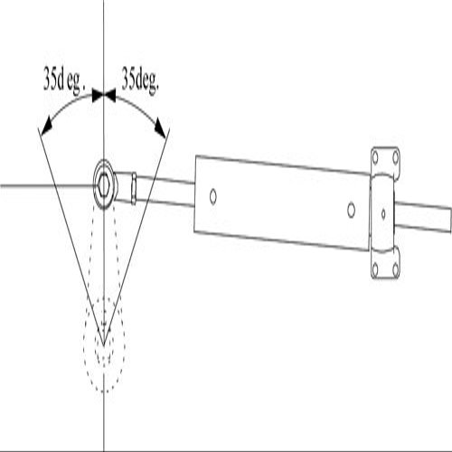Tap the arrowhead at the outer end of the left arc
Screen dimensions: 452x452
tap(47, 127)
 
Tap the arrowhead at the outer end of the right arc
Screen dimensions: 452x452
tap(160, 127)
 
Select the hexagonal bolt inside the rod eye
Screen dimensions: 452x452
tap(104, 184)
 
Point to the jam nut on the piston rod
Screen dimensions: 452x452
tap(134, 188)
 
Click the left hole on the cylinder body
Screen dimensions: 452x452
tap(213, 196)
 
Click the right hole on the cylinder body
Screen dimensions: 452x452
tap(351, 210)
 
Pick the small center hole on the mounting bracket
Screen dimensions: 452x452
tap(383, 214)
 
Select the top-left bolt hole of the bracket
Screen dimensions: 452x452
tap(375, 157)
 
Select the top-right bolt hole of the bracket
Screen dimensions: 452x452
tap(396, 157)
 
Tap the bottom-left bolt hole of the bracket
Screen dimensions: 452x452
tap(375, 268)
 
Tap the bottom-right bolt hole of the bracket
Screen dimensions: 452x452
tap(396, 268)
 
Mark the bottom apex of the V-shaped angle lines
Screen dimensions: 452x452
tap(104, 345)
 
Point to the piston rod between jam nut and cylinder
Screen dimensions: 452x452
tap(165, 192)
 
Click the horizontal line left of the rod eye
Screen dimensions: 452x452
tap(48, 185)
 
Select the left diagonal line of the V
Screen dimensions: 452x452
tap(71, 237)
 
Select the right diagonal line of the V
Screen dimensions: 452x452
tap(137, 237)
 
